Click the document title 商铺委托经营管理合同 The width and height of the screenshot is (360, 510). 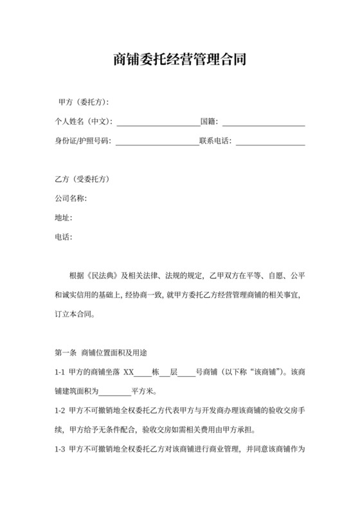pos(180,60)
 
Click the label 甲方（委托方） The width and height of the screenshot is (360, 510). pos(83,102)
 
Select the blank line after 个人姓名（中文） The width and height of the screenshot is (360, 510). pos(158,122)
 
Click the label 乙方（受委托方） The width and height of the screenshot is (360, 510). pos(83,179)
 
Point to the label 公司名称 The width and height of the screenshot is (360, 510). pos(71,198)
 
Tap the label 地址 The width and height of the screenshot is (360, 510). pos(64,217)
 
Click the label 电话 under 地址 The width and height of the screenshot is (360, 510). pos(64,237)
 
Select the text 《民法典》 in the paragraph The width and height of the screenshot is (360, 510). pos(96,275)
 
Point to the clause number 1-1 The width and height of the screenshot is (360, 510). pos(60,371)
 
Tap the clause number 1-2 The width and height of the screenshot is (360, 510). pos(60,410)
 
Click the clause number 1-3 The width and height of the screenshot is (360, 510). pos(60,448)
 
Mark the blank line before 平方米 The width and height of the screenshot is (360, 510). pos(116,390)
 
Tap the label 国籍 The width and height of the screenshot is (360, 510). pos(208,122)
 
